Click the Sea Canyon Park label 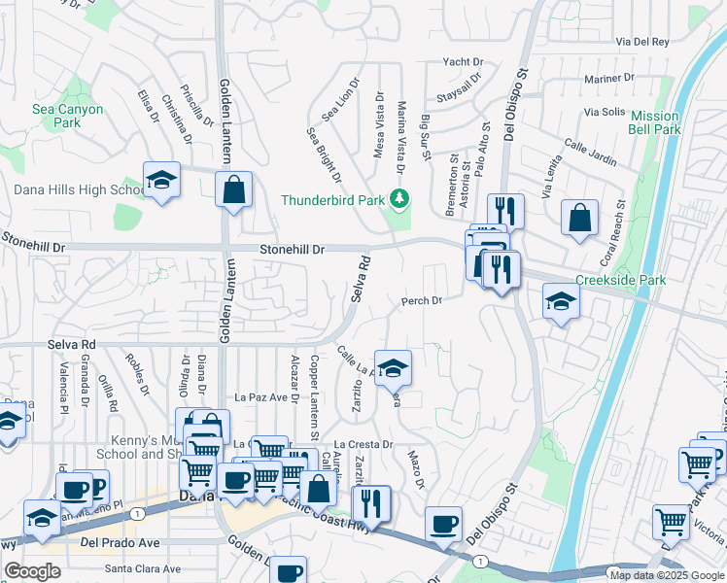click(66, 117)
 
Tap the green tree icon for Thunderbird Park click(397, 199)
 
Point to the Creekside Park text click(620, 280)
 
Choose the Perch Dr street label click(422, 300)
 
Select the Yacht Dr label click(462, 61)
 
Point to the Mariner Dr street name click(608, 78)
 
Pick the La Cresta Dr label click(363, 444)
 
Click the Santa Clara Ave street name click(144, 568)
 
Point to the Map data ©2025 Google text click(667, 575)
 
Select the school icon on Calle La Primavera click(393, 367)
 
